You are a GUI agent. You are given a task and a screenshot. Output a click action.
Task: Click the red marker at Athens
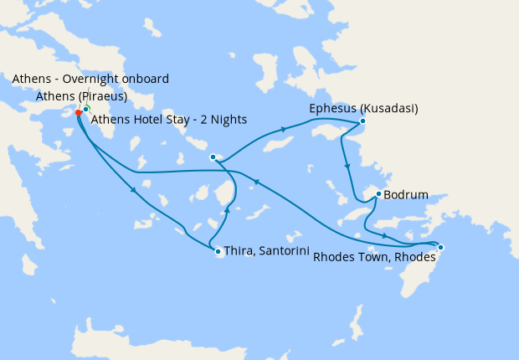click(x=79, y=112)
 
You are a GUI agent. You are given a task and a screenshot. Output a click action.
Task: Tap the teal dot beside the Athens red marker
click(x=86, y=109)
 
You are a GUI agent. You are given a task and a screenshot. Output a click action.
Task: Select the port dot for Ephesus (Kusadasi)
click(x=362, y=121)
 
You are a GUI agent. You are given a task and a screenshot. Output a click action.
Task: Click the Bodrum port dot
click(x=379, y=194)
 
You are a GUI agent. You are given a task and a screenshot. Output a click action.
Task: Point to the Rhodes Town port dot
click(x=441, y=247)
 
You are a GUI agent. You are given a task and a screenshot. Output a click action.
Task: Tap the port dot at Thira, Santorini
click(x=218, y=251)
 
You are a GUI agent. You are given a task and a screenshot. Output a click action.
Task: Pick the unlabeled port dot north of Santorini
click(x=213, y=157)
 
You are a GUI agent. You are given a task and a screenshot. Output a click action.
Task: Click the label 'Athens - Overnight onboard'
click(x=91, y=79)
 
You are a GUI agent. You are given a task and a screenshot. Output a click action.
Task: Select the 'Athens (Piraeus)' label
click(x=81, y=96)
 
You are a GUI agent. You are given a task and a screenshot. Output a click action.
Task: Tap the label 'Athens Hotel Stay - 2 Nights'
click(x=168, y=120)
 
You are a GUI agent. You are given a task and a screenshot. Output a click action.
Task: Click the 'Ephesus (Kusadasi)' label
click(x=364, y=109)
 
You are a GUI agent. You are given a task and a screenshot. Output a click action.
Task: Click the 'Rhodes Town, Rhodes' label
click(x=374, y=258)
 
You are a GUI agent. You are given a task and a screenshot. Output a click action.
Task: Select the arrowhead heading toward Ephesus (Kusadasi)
click(x=284, y=129)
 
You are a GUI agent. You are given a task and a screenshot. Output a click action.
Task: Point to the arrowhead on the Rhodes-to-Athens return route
click(x=258, y=182)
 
